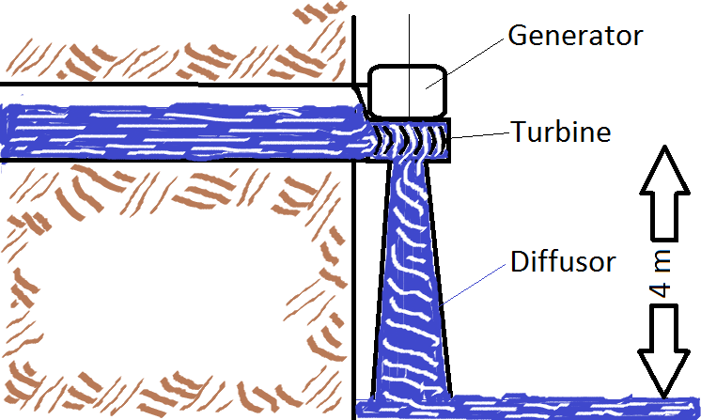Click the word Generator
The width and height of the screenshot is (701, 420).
tap(574, 37)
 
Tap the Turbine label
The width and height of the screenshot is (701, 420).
tap(560, 132)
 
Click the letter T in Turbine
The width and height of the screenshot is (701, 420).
tap(519, 132)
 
